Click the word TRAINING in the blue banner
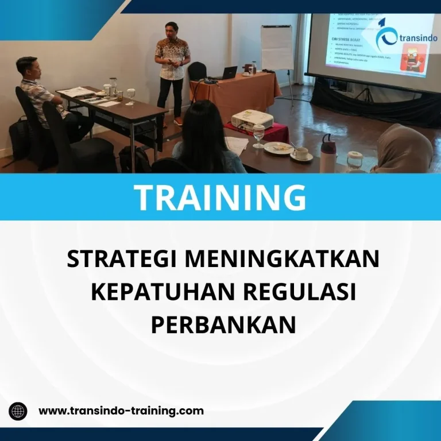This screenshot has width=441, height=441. click(x=220, y=197)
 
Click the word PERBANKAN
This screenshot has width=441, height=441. click(x=223, y=324)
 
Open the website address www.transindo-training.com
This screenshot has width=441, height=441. click(x=121, y=411)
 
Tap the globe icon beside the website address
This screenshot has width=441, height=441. click(x=18, y=411)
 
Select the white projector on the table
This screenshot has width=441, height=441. click(x=252, y=120)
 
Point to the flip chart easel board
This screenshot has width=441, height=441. click(x=277, y=49)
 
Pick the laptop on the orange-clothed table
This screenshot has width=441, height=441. click(x=229, y=73)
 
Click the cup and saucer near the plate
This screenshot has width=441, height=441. click(x=301, y=154)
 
